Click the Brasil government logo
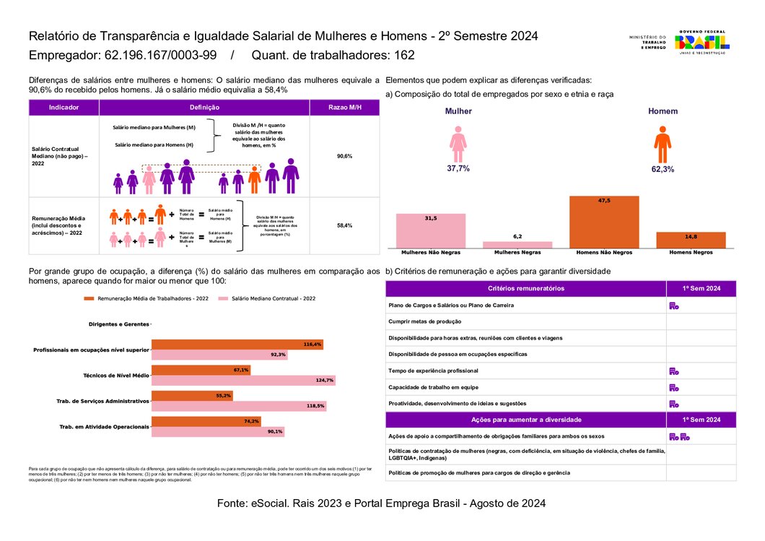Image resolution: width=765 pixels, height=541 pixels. (x=701, y=42)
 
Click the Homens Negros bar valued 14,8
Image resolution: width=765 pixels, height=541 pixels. (x=691, y=240)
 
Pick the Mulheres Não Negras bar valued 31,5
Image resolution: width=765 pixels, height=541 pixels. (x=431, y=230)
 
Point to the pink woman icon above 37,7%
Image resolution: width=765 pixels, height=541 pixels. (x=458, y=144)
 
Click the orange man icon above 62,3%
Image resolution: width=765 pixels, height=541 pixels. (x=663, y=144)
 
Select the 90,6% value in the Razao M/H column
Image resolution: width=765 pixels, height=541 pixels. (x=344, y=156)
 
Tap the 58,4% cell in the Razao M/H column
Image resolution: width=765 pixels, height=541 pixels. (x=344, y=225)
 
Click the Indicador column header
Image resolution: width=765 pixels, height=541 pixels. (x=64, y=108)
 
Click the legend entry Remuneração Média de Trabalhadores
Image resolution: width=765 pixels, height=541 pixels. (x=147, y=298)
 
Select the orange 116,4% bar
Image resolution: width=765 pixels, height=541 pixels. (x=237, y=345)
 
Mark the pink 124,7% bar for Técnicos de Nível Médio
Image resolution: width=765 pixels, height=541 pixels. (x=243, y=380)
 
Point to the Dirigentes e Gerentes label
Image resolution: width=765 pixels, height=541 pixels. (x=118, y=324)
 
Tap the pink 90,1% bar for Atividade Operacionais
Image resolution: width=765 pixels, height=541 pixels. (x=219, y=431)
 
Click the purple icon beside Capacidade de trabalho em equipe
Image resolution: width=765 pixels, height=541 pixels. (x=673, y=387)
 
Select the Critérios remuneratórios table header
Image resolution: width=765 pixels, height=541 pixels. (x=525, y=289)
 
